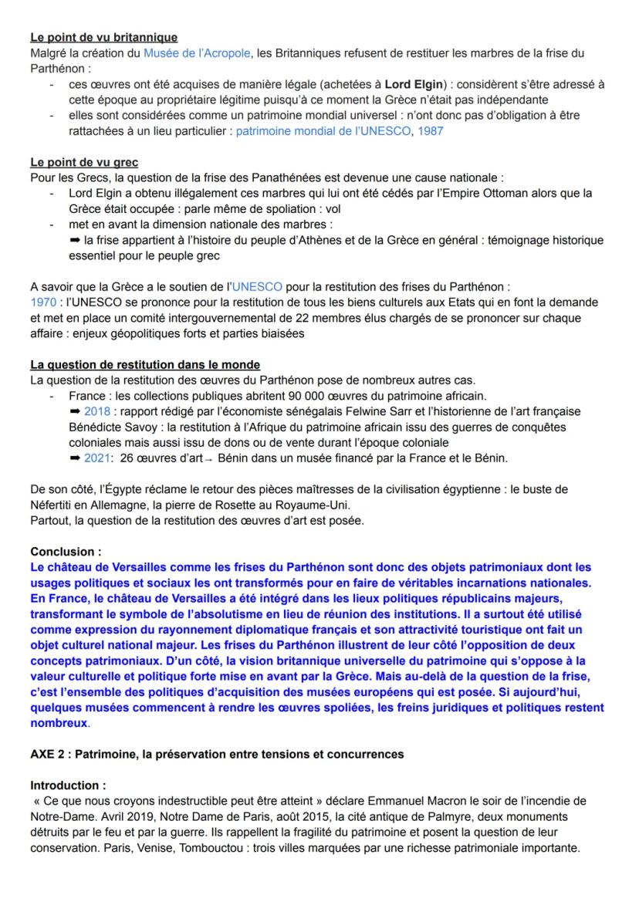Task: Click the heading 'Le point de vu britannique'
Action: [103, 37]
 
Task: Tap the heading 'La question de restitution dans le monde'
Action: [145, 364]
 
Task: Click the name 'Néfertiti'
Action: [55, 505]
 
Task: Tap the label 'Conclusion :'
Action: [66, 552]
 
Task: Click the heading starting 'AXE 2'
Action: [216, 754]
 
